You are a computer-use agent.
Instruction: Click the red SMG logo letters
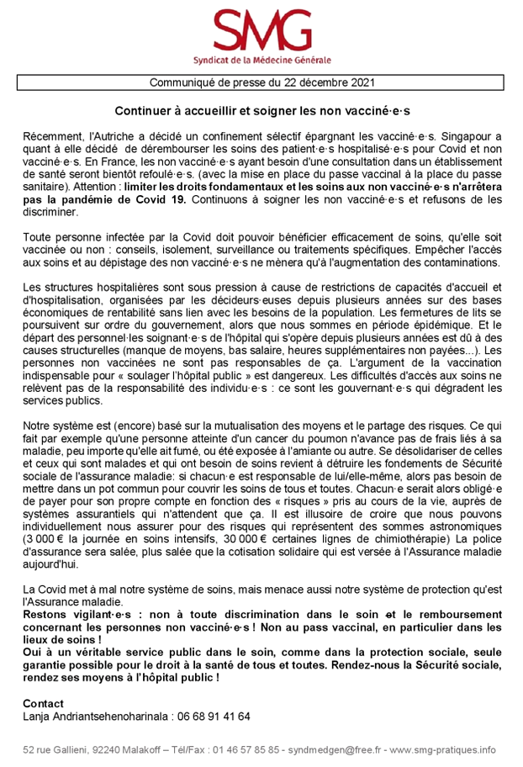(x=261, y=31)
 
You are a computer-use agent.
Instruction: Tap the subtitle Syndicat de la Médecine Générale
(x=261, y=61)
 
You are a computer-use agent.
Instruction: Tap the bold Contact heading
(x=43, y=702)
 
